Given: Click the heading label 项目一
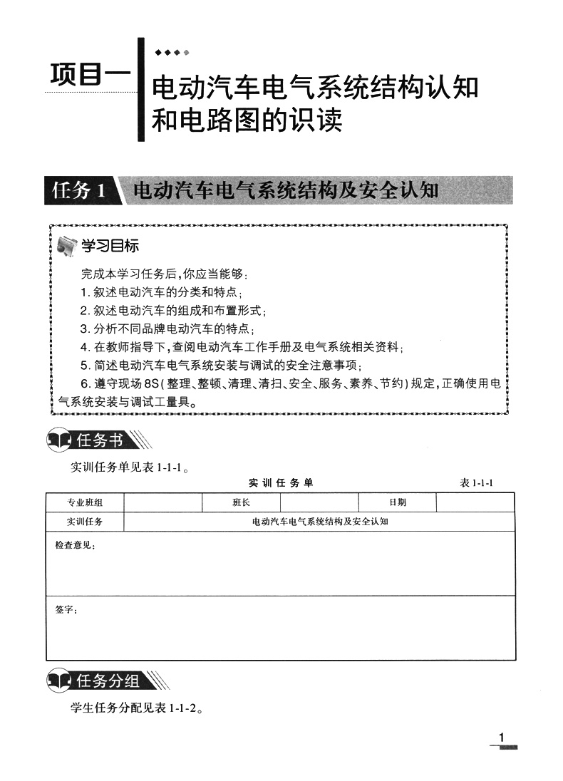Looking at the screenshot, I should coord(91,77).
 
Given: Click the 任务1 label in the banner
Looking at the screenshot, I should coord(79,190).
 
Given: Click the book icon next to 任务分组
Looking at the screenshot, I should coord(60,682).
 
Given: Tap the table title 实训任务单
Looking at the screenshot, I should coord(281,483).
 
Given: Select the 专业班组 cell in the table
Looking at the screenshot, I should coord(85,502).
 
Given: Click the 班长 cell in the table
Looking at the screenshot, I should coord(241,502).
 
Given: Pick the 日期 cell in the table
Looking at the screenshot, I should coord(397,502).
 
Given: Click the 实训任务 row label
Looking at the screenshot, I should coord(85,522).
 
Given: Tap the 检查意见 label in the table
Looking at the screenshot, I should coord(74,545).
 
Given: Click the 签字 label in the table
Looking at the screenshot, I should coord(66,610).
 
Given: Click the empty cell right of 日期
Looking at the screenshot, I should coord(475,502).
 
